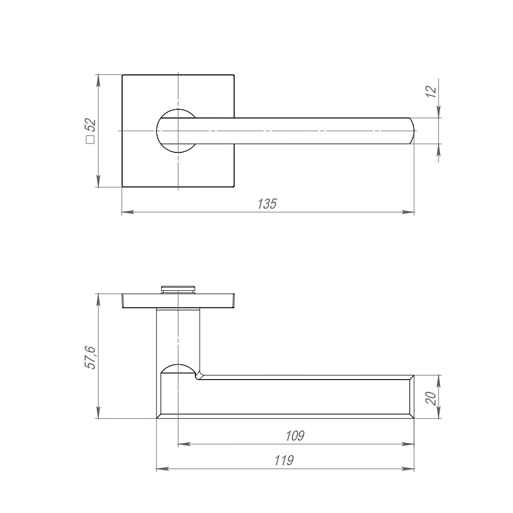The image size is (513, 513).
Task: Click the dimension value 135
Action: (267, 204)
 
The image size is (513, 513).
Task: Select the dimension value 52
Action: (90, 124)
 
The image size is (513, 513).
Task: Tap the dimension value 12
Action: (431, 91)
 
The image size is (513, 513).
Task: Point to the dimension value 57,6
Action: (90, 357)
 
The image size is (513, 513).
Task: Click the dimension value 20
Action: (431, 398)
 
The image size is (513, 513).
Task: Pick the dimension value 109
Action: (295, 436)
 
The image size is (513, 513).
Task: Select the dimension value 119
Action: (284, 460)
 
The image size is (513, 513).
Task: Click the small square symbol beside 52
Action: (90, 140)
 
